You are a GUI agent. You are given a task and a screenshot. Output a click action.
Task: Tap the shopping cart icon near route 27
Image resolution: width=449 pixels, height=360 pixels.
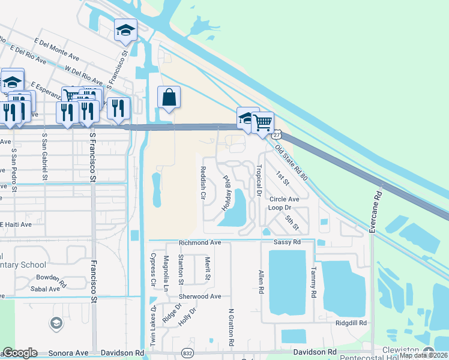click(x=262, y=123)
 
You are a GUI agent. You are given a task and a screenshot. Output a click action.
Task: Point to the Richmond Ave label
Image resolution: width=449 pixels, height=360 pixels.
click(x=200, y=243)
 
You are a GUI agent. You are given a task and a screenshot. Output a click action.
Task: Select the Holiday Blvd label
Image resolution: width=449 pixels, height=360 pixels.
click(x=227, y=191)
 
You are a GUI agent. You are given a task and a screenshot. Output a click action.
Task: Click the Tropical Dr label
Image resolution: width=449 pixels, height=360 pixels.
click(x=259, y=181)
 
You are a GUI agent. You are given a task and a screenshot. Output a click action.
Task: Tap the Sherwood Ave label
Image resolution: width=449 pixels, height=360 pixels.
click(x=200, y=296)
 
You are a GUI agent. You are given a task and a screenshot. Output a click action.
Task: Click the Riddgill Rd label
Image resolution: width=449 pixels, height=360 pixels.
click(x=351, y=323)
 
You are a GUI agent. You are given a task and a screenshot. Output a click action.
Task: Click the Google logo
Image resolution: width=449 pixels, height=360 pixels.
click(x=20, y=353)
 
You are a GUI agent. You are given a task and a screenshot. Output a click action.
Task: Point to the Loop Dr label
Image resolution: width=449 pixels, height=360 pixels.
click(x=279, y=208)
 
